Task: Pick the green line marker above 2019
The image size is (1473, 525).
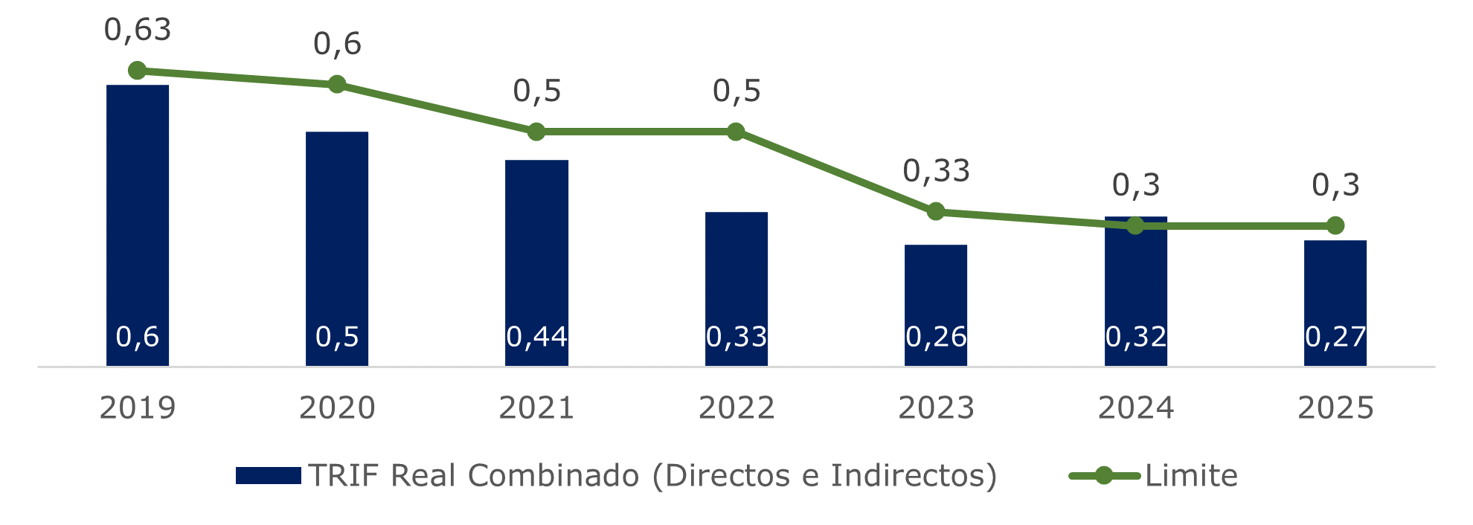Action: point(138,71)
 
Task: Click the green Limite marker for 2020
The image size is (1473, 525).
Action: point(337,84)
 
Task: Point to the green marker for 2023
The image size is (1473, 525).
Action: point(936,212)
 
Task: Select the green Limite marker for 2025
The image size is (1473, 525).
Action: point(1335,225)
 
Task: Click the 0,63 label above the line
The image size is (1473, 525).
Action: point(138,30)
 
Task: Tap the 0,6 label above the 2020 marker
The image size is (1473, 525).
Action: point(337,44)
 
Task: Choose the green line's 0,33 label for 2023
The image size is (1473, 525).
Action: point(936,172)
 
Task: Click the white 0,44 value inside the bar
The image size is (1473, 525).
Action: point(536,337)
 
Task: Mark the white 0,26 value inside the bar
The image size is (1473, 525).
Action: point(936,337)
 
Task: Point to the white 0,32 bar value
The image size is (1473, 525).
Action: point(1136,337)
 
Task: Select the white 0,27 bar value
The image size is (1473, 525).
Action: point(1335,337)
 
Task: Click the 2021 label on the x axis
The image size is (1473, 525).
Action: point(536,408)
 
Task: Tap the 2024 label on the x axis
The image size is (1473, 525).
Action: point(1136,408)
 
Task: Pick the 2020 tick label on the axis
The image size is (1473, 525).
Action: point(337,408)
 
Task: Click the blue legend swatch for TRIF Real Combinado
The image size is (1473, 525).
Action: point(268,476)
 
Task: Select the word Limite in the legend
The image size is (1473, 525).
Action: point(1191,476)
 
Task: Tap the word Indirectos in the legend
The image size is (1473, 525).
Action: point(912,476)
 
